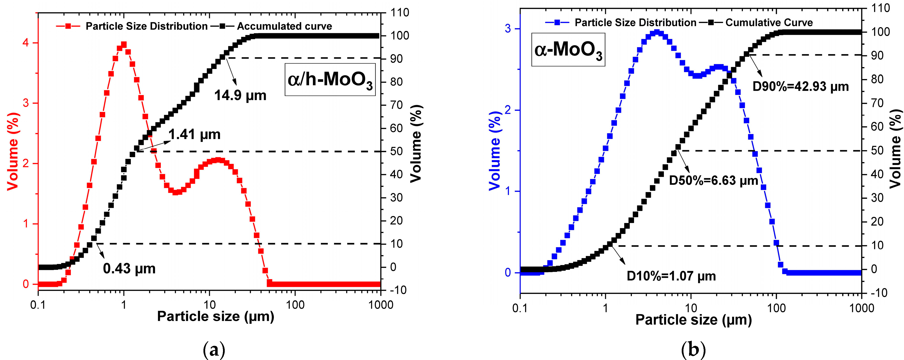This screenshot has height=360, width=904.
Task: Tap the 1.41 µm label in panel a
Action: (x=194, y=134)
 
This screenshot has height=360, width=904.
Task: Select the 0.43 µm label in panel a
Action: (x=129, y=269)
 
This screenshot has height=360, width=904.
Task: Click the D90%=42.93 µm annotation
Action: (x=801, y=86)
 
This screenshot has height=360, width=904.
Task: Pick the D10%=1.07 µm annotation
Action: (x=671, y=276)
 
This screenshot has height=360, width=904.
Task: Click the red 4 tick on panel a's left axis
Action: (x=26, y=43)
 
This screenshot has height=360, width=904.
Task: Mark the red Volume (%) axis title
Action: (x=13, y=152)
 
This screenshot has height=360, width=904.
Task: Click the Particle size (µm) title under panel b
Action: (x=693, y=320)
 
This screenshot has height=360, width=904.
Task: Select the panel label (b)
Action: (x=693, y=350)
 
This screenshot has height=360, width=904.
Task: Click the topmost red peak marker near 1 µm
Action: (x=123, y=45)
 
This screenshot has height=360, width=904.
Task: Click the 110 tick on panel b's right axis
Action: (x=881, y=8)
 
